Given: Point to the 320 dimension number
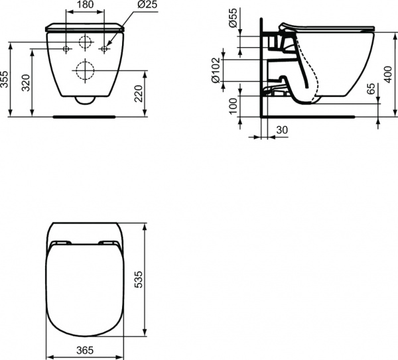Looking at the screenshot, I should pyautogui.click(x=25, y=82).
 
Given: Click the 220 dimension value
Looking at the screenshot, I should pyautogui.click(x=138, y=93).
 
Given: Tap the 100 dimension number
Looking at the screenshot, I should pyautogui.click(x=232, y=106).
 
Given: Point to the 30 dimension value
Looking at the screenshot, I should pyautogui.click(x=281, y=131).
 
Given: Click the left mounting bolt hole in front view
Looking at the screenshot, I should pyautogui.click(x=66, y=49).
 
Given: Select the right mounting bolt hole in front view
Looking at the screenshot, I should pyautogui.click(x=104, y=49).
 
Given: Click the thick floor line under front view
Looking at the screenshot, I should pyautogui.click(x=85, y=115).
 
